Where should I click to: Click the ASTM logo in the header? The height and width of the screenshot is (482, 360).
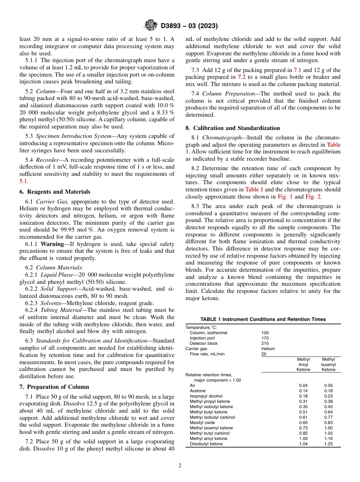150,25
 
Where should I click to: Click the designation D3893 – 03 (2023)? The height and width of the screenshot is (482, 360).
189,26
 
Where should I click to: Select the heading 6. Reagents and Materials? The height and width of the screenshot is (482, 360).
55,192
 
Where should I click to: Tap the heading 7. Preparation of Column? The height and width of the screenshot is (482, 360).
54,387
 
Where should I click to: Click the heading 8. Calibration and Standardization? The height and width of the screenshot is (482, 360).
233,128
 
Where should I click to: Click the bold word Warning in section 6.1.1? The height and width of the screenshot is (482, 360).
52,244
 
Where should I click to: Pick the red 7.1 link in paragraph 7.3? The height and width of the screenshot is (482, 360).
298,70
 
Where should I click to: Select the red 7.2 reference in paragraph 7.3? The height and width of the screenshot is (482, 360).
242,77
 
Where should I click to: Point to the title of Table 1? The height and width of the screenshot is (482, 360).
263,319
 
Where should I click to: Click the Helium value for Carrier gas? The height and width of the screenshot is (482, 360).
268,349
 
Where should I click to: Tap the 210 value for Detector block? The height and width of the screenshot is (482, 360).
265,343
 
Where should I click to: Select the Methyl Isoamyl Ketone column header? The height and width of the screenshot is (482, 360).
328,364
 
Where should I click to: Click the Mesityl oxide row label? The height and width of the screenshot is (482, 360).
202,423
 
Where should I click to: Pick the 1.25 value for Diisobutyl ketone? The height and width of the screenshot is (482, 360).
328,444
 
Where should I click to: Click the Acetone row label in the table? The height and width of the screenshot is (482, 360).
197,391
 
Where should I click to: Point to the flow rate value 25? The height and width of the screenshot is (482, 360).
264,354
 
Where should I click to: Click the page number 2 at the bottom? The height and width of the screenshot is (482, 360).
180,466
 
